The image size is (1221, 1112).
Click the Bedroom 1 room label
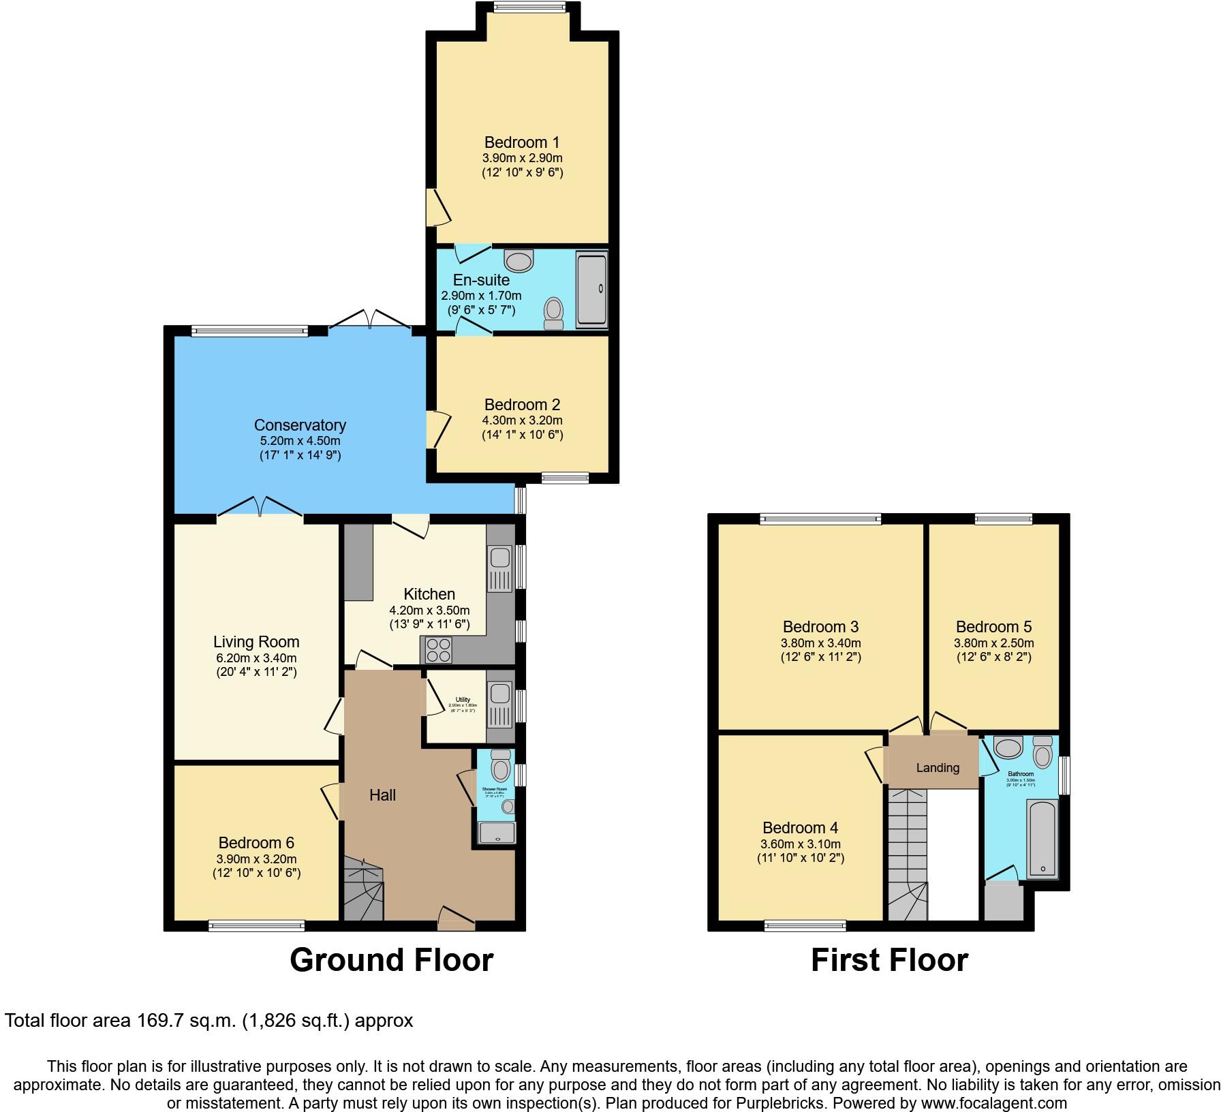(521, 142)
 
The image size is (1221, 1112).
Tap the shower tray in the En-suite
(591, 290)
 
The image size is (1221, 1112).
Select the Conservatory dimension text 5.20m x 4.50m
(300, 441)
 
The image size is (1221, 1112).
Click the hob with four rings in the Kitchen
(439, 650)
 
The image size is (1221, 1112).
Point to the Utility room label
(463, 700)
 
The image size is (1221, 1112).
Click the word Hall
(382, 795)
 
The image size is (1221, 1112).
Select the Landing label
(938, 768)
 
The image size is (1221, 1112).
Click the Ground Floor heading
(391, 960)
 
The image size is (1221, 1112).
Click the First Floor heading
(888, 960)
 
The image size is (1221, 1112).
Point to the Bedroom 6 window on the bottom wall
(256, 925)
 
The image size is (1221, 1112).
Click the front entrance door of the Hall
(456, 918)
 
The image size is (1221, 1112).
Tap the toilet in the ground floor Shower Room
(501, 766)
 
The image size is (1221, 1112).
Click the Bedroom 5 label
(993, 627)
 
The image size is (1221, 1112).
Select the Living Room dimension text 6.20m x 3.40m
(256, 658)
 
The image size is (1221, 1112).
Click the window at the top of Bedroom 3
(820, 519)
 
